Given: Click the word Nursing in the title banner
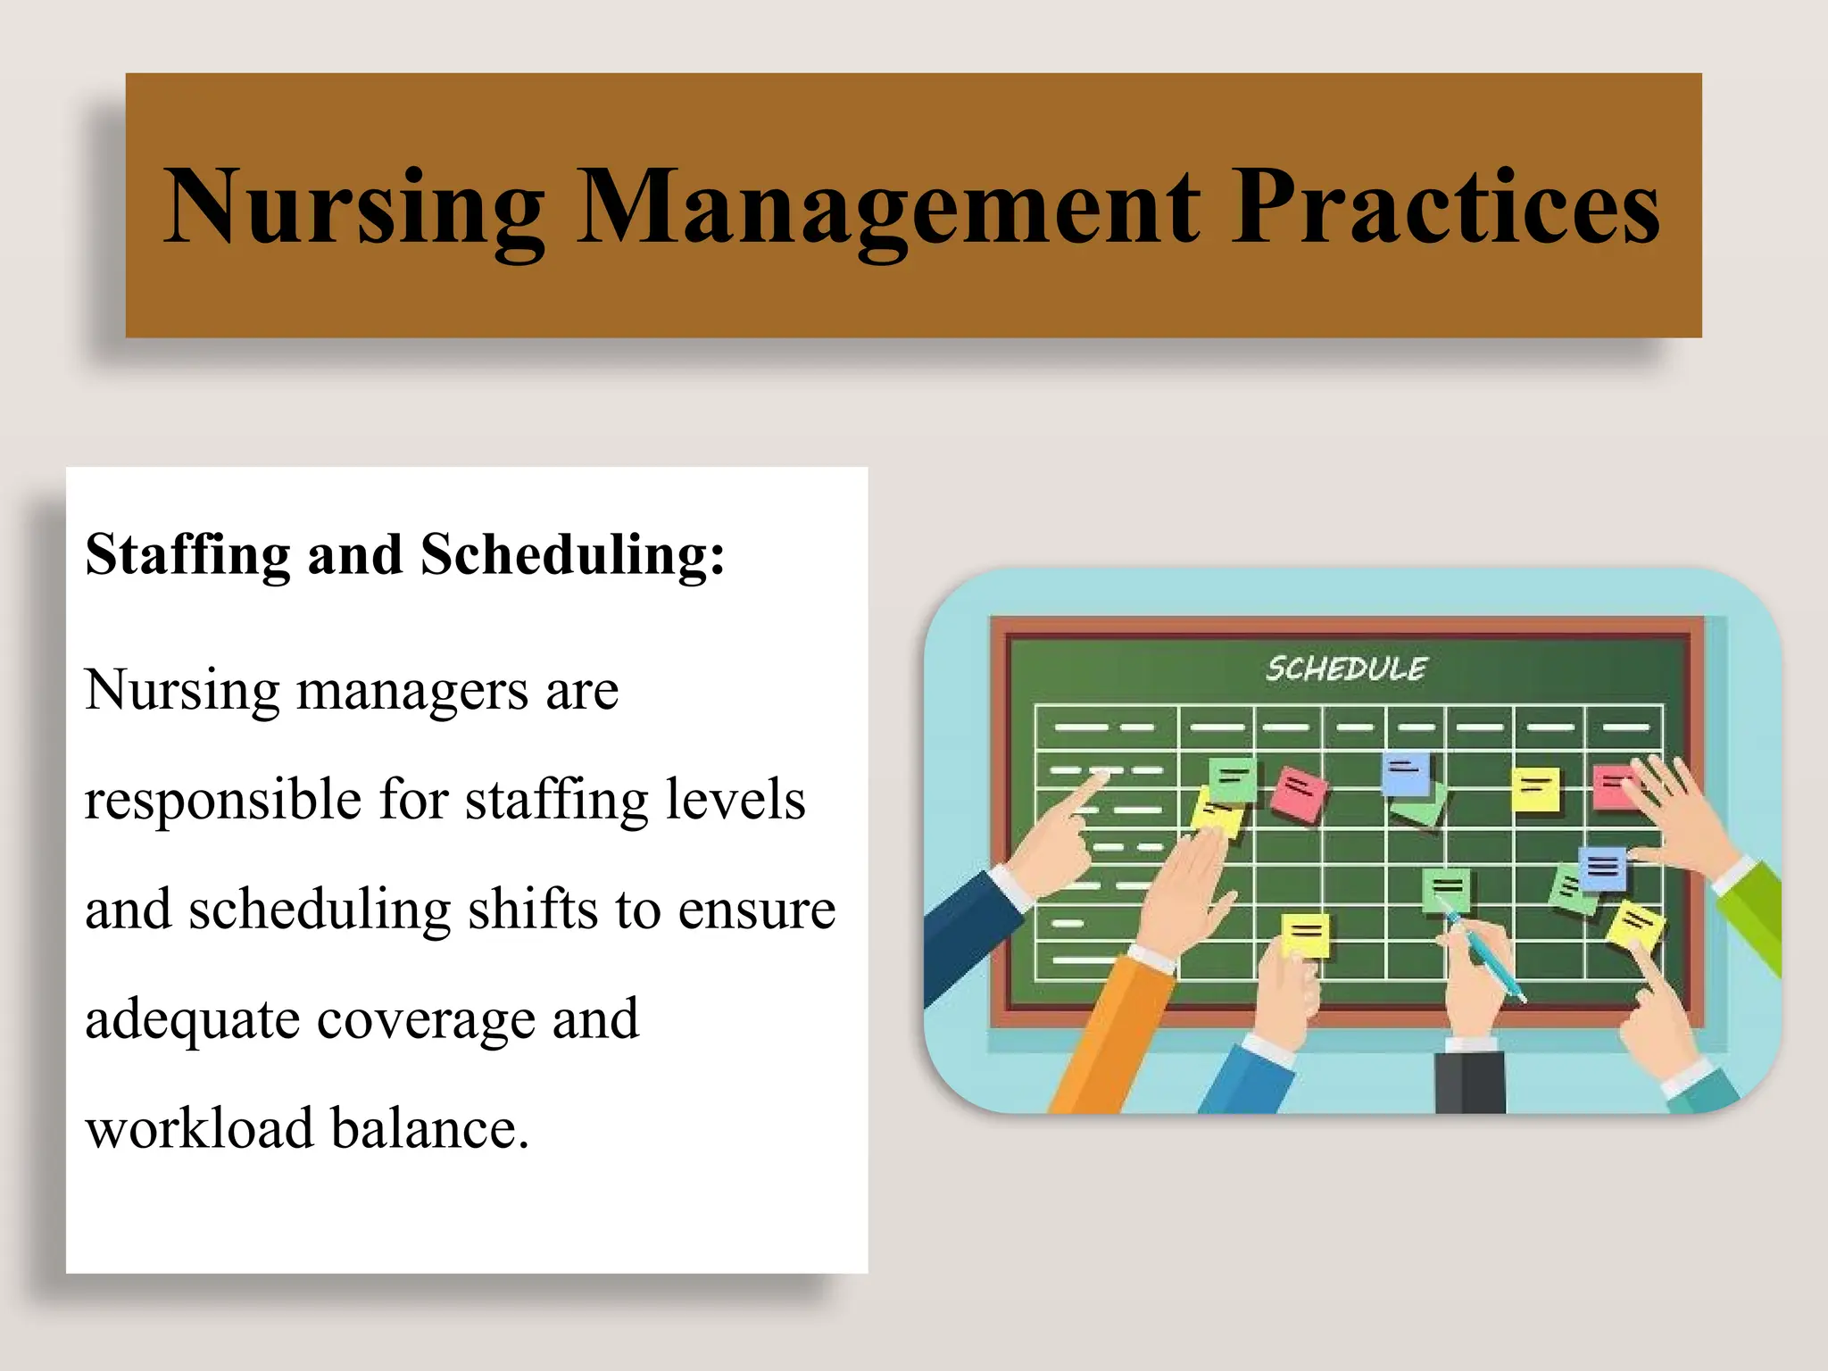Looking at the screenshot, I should click(x=353, y=208).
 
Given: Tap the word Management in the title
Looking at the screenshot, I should click(x=888, y=208).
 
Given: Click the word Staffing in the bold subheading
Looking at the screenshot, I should click(x=187, y=554).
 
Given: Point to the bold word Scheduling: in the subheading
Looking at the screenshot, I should click(x=572, y=554).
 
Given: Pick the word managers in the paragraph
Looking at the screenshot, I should click(x=412, y=691).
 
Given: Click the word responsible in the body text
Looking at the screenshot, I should click(x=223, y=799).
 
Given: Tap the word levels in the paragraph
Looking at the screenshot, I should click(x=744, y=799).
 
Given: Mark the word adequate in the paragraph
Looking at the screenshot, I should click(x=192, y=1019).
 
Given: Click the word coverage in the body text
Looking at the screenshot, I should click(x=426, y=1019).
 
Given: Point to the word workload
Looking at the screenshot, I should click(x=199, y=1128).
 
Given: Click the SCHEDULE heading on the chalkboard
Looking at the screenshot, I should click(x=1346, y=669).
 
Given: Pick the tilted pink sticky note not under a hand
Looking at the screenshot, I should click(x=1299, y=794).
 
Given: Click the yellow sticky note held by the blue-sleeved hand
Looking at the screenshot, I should click(x=1305, y=935).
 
